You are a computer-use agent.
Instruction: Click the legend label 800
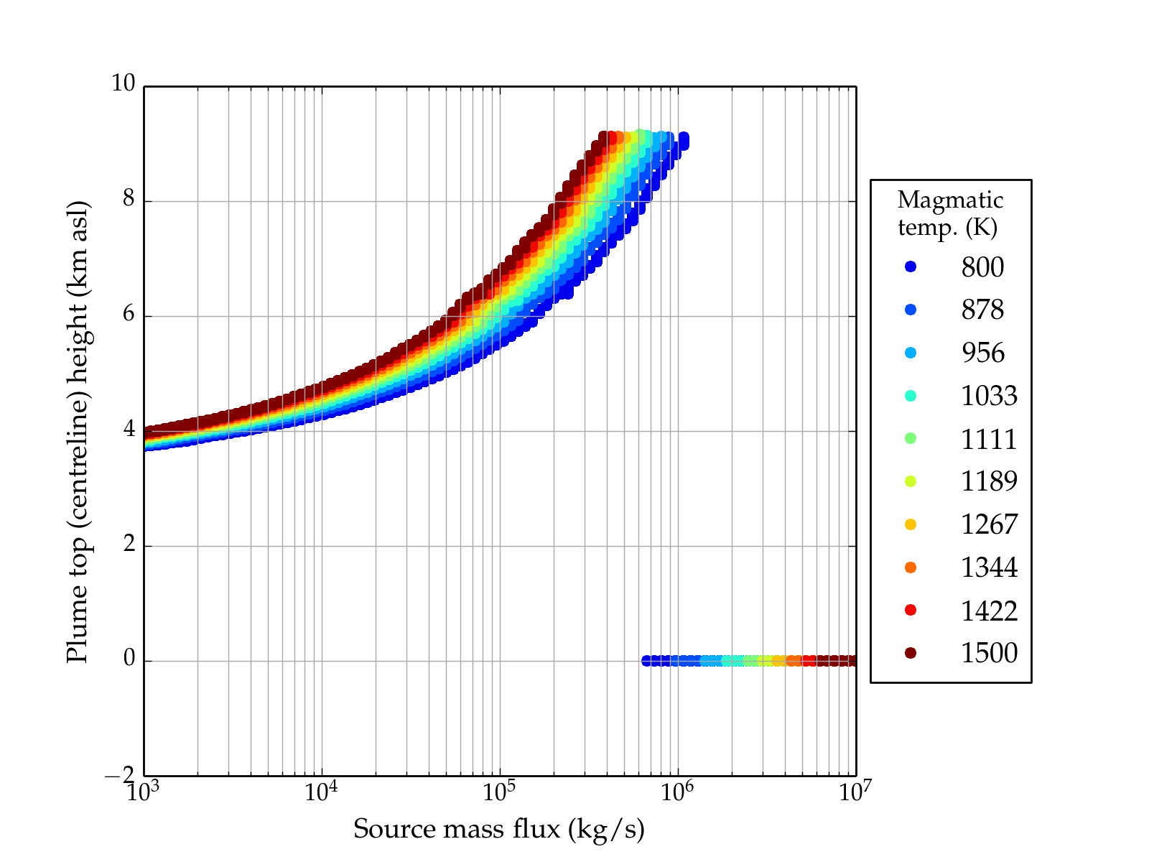coord(982,267)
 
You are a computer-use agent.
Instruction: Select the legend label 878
coord(982,310)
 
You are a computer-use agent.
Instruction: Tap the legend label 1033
coord(989,396)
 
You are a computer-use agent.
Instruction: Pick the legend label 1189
coord(989,481)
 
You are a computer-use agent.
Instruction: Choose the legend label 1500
coord(989,653)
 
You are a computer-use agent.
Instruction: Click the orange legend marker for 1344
coord(911,567)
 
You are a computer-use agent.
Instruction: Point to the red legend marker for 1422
coord(911,610)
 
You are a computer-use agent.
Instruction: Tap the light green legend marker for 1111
coord(911,438)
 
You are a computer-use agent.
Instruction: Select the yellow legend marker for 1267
coord(911,524)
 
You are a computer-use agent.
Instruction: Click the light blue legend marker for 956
coord(911,353)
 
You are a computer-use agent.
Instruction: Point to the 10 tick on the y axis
coord(123,84)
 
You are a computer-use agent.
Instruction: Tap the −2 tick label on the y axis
coord(120,775)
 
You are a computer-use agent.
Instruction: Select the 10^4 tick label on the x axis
coord(320,792)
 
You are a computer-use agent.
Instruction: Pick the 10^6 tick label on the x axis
coord(676,792)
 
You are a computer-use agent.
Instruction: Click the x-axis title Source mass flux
coord(498,829)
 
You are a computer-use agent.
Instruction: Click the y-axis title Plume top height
coord(77,431)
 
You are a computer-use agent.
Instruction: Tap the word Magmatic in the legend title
coord(950,200)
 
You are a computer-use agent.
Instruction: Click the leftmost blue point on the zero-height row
coord(646,661)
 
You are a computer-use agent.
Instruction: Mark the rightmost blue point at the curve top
coord(684,138)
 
